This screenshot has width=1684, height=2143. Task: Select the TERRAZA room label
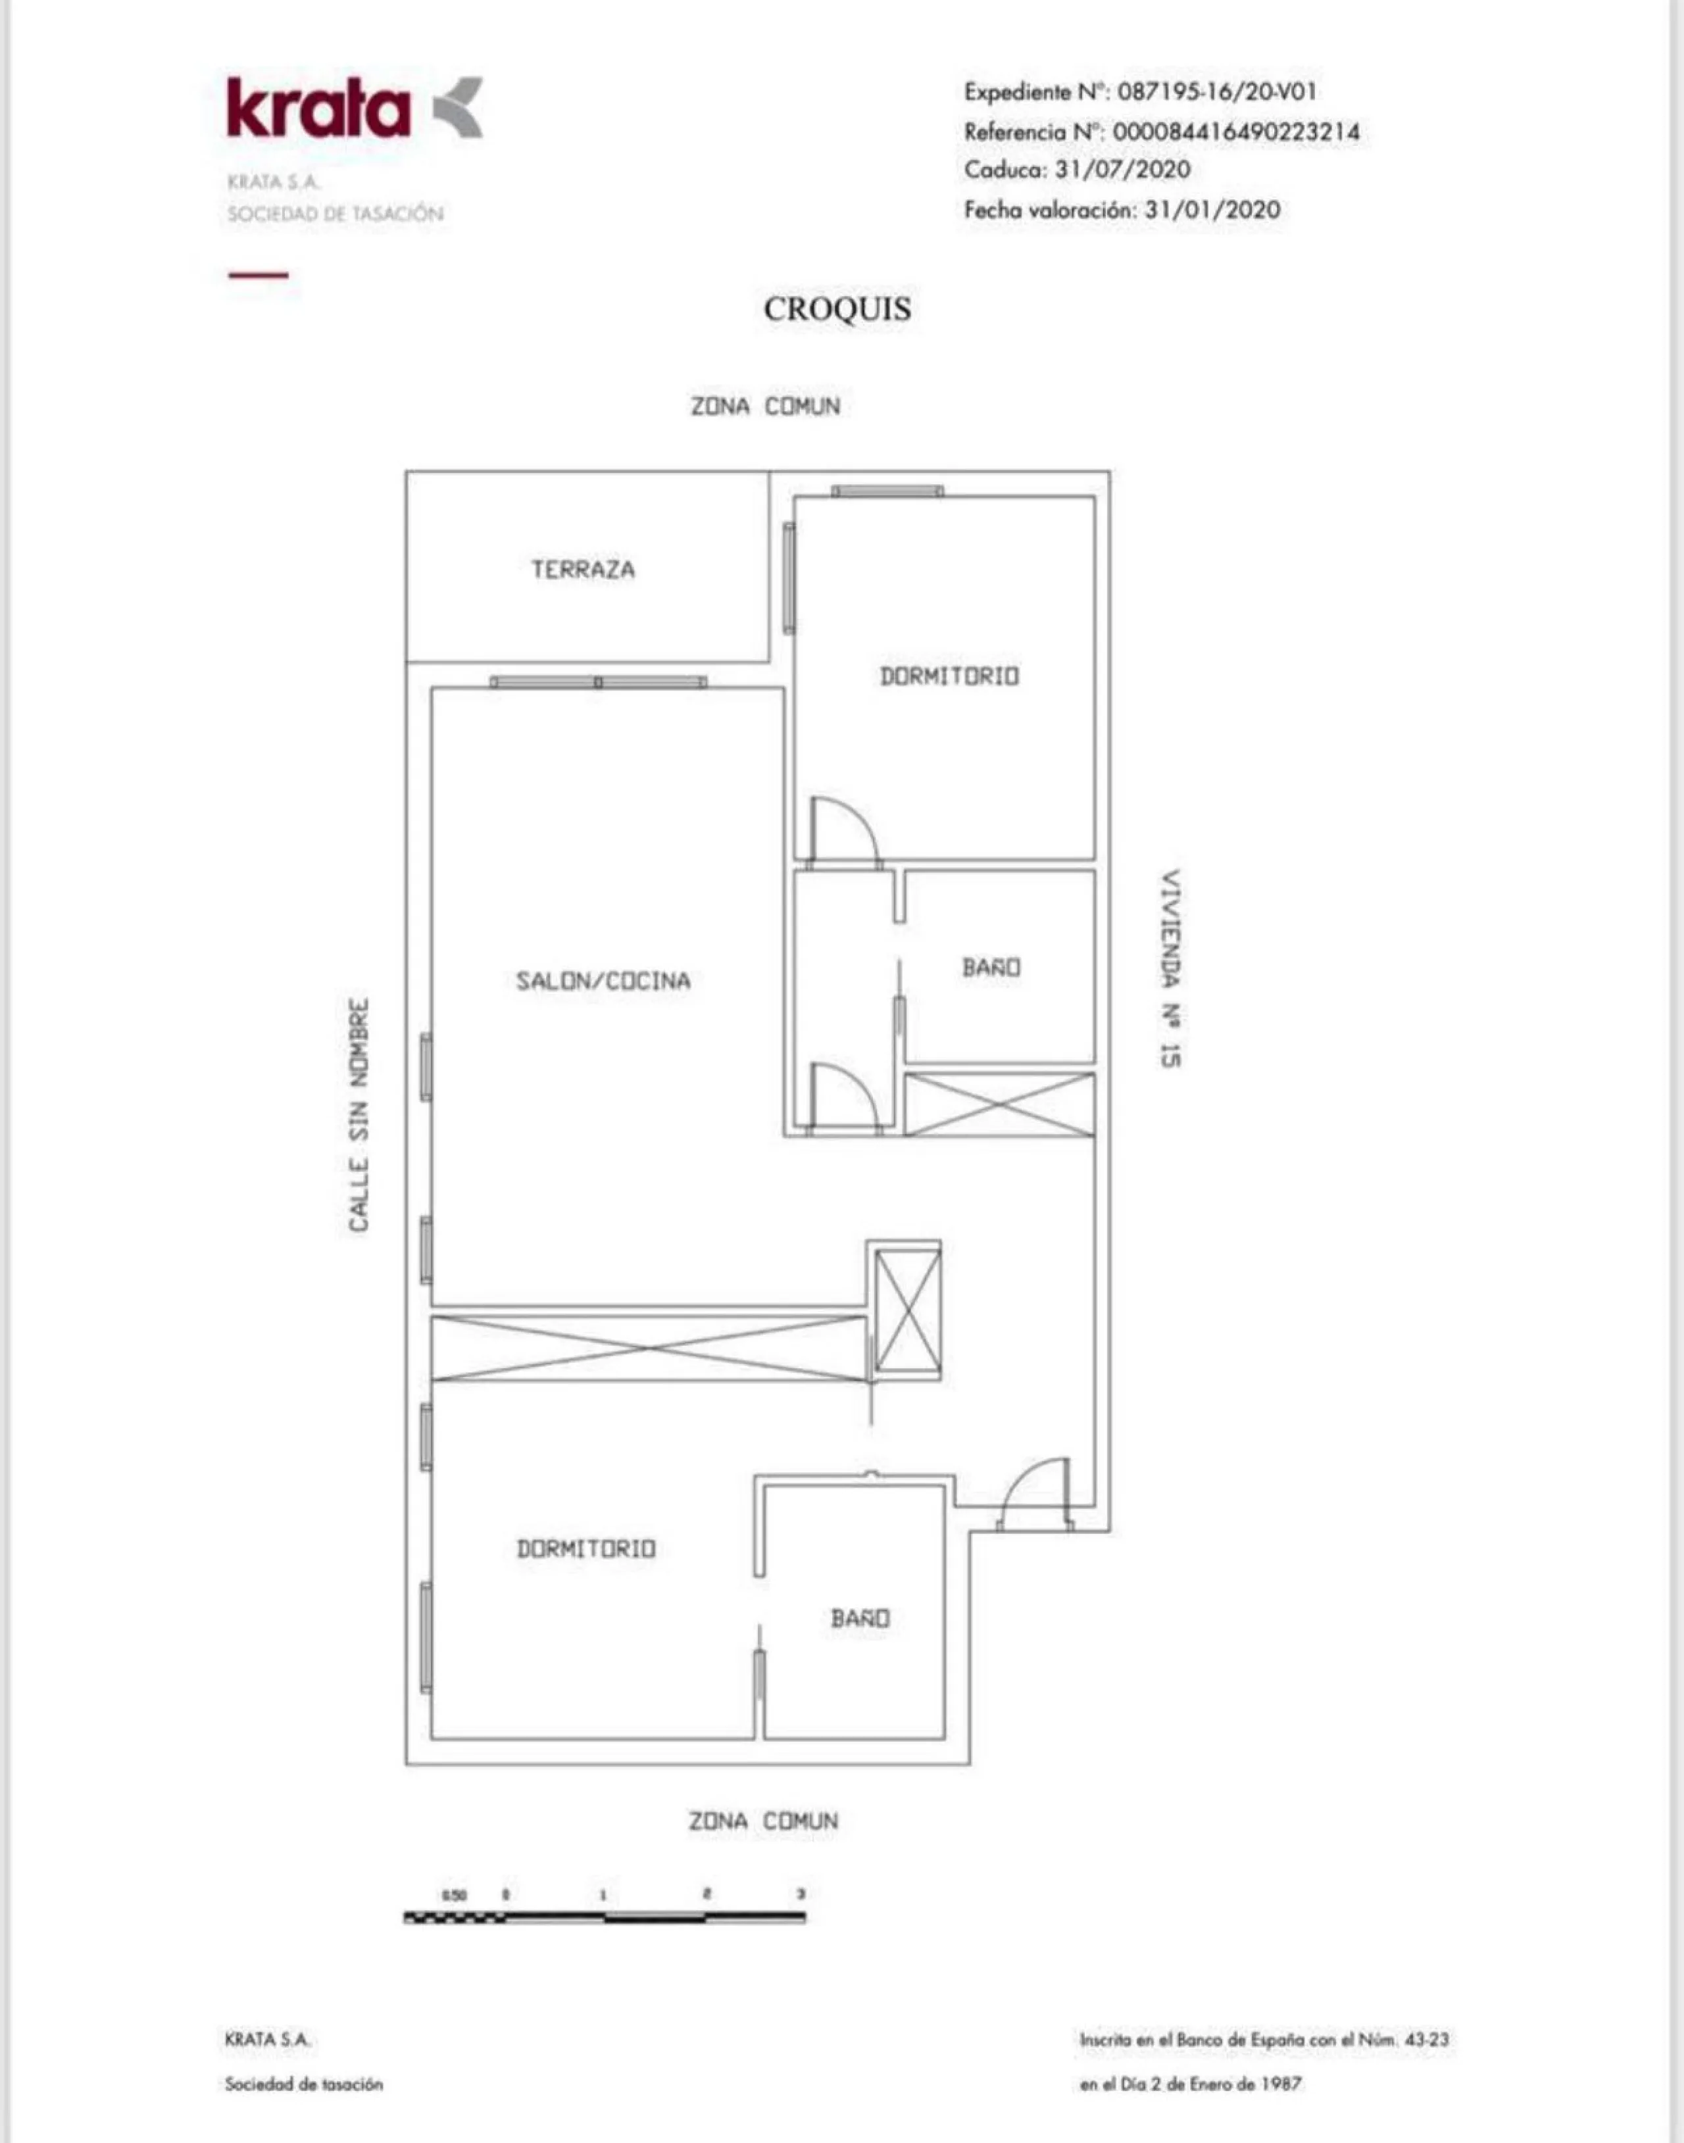click(583, 569)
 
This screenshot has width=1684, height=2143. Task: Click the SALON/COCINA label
click(603, 980)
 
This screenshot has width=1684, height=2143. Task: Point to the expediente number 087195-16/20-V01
click(1217, 91)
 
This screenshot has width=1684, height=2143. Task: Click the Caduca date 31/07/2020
click(1122, 170)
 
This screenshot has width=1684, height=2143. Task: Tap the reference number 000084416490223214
click(1235, 131)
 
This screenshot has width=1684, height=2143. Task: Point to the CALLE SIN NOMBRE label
click(360, 1115)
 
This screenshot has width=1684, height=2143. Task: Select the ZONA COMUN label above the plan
click(765, 406)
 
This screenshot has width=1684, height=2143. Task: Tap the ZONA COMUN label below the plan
click(764, 1821)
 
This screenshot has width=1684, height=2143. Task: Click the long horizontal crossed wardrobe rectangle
click(648, 1348)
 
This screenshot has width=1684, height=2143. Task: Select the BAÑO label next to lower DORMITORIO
click(860, 1619)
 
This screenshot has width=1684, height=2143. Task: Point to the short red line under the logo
click(259, 275)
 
